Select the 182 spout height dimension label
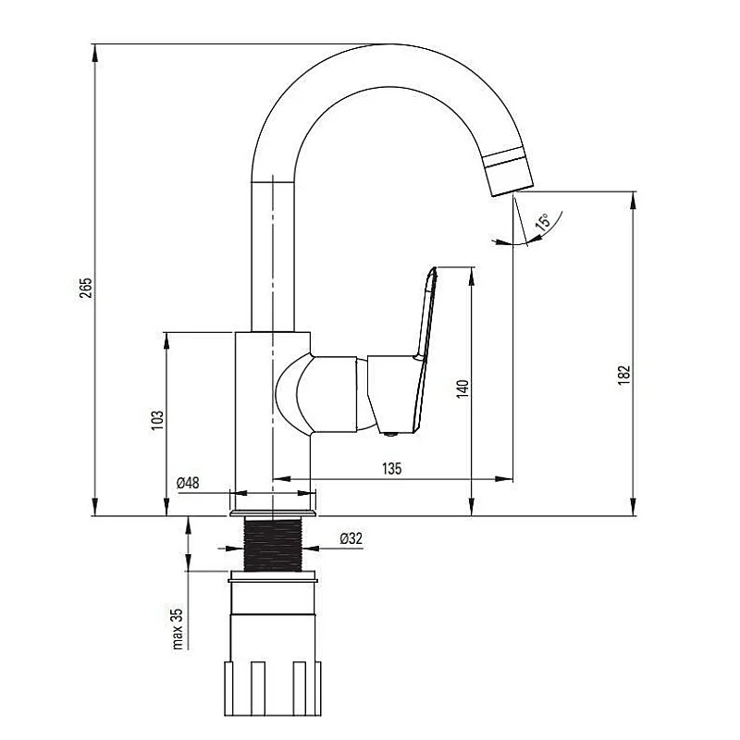[x=624, y=373]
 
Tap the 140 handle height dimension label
[x=462, y=389]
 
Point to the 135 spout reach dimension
[x=391, y=469]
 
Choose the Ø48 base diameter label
[x=188, y=482]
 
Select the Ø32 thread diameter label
[x=351, y=538]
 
